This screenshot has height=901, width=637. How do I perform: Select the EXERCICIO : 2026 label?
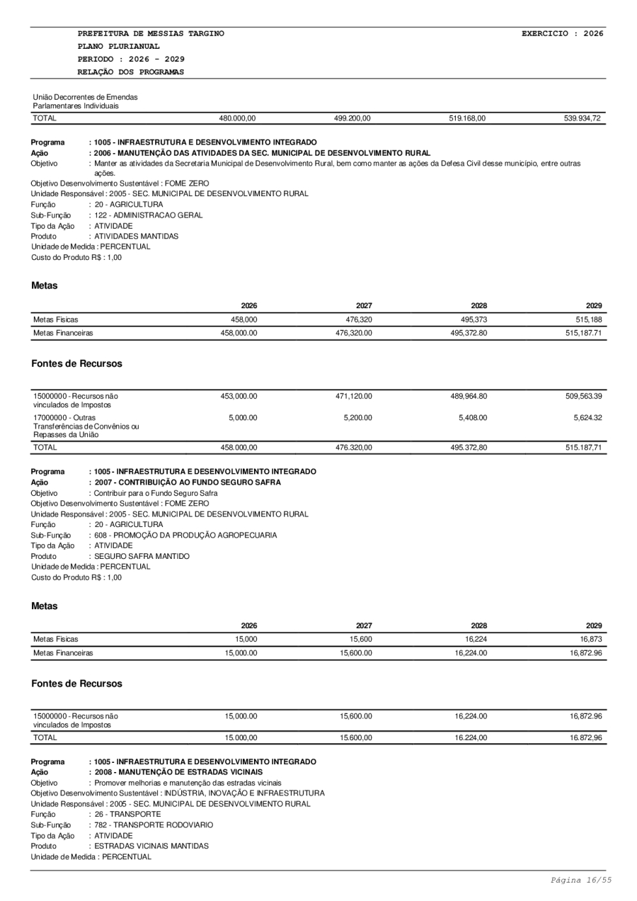562,33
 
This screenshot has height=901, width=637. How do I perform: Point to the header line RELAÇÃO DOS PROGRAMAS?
131,72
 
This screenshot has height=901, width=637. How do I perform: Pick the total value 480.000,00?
237,118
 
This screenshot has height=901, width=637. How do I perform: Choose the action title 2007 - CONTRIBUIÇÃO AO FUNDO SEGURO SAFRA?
185,482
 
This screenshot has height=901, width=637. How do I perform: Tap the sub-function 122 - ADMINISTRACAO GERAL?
149,215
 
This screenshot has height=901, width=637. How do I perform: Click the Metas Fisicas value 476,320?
355,319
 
